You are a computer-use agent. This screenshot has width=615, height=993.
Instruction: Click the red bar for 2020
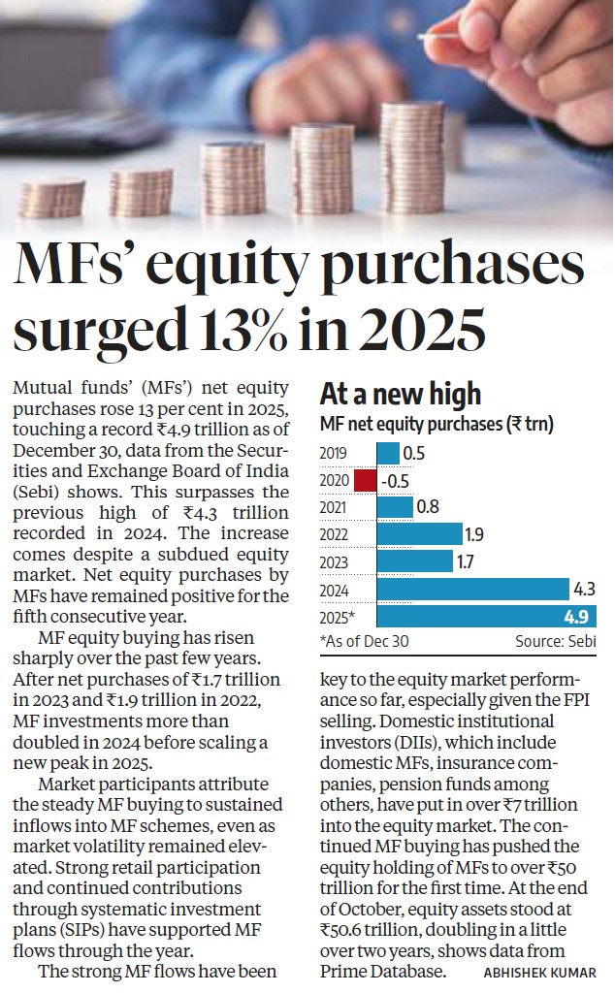(365, 480)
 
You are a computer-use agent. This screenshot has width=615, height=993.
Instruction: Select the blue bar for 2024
(472, 588)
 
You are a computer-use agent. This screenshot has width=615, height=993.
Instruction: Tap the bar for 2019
(388, 452)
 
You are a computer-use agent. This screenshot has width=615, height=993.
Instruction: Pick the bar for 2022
(419, 533)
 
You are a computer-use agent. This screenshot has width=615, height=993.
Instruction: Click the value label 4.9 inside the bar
(579, 616)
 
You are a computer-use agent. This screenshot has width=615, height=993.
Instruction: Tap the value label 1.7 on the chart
(468, 561)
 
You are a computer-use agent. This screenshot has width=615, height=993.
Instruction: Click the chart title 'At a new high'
(401, 394)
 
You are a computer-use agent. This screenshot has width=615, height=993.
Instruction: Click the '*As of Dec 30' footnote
(366, 642)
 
